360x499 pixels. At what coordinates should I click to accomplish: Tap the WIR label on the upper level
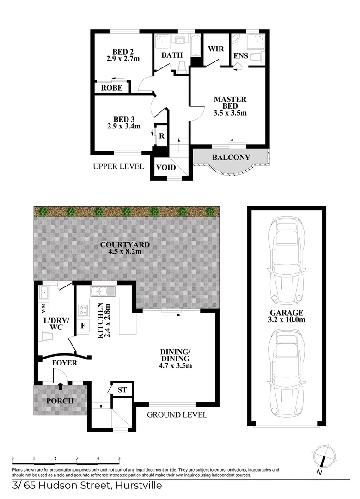216,49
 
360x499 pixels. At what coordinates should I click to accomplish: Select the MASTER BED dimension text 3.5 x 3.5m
230,113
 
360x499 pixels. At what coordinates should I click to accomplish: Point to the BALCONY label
231,157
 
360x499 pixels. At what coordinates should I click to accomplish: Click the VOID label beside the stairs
166,167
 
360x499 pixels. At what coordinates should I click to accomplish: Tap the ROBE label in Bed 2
112,88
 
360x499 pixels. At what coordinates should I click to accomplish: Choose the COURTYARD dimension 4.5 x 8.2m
125,251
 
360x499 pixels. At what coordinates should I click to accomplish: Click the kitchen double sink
103,291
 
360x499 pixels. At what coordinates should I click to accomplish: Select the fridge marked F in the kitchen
83,326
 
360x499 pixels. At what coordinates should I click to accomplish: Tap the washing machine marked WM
43,308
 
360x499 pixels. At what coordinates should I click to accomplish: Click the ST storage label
122,390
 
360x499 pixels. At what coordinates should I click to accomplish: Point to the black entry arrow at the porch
60,386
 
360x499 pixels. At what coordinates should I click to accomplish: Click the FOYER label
65,363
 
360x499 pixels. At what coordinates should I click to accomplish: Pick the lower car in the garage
287,373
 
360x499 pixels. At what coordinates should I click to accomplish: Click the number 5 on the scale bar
119,459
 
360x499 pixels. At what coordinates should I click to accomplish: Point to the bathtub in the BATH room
195,47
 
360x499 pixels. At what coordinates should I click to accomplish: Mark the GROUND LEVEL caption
177,414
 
